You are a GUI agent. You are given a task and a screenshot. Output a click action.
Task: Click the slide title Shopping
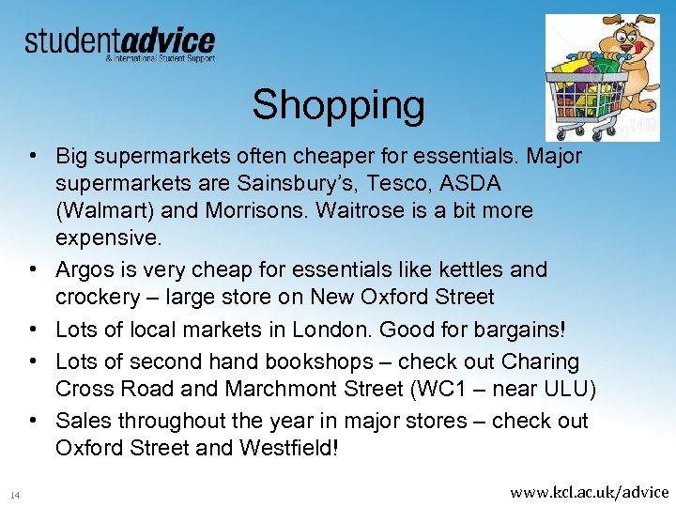click(x=338, y=105)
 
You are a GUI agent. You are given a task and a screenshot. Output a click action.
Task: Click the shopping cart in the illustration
click(x=587, y=89)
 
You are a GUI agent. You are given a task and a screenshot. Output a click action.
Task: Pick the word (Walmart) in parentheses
click(x=103, y=211)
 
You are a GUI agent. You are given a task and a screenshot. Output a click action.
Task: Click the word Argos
click(x=85, y=270)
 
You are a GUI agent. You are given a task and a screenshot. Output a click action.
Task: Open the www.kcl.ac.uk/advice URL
click(x=589, y=492)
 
